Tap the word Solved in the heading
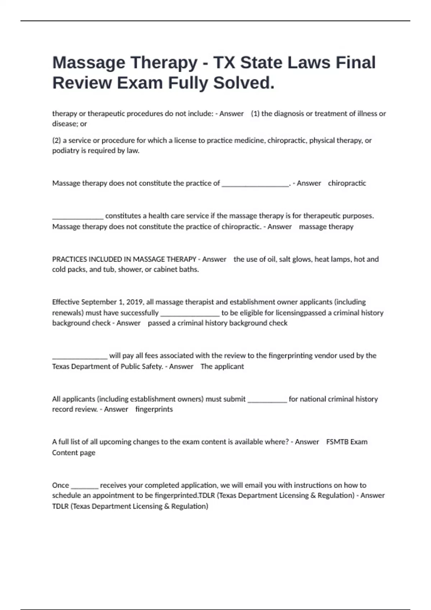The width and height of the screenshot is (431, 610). tap(244, 83)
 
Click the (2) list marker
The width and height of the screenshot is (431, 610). tap(56, 140)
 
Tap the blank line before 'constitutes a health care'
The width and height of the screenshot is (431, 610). tap(78, 216)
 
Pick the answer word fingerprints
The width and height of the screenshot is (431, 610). tap(154, 409)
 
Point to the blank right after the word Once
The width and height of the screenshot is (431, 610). tap(84, 486)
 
